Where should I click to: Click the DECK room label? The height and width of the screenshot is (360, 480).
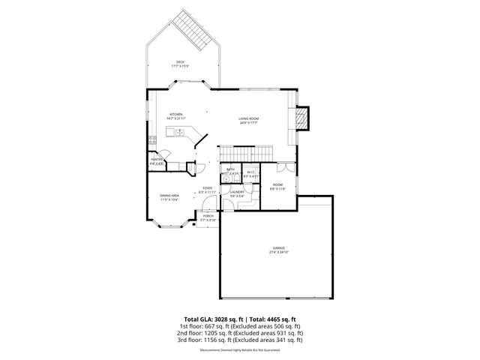click(x=180, y=64)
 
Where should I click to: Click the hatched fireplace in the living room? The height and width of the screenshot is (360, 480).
click(x=302, y=118)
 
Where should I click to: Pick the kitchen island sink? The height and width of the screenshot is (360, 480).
click(x=179, y=133)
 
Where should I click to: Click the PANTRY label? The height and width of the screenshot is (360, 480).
click(x=157, y=160)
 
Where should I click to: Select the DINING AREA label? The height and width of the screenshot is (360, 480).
click(x=169, y=197)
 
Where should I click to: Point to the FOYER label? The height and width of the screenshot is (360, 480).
click(x=207, y=190)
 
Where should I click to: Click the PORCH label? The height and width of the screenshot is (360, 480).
click(x=208, y=217)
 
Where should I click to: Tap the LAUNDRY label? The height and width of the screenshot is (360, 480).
click(x=237, y=193)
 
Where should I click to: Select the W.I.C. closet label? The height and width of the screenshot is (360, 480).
click(x=251, y=174)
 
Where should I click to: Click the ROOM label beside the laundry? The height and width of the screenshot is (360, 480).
click(x=277, y=187)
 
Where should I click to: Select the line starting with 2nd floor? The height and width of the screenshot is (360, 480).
click(x=240, y=333)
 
